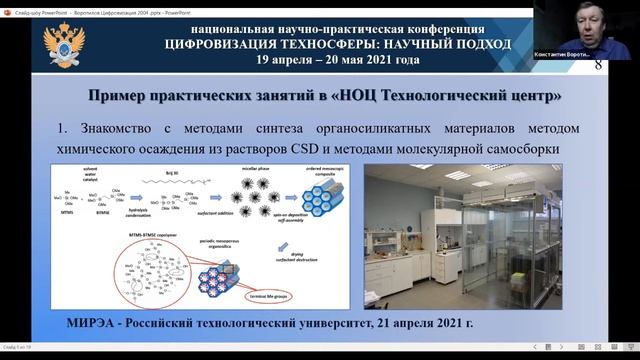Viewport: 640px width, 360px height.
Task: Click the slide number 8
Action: tap(626, 65)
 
